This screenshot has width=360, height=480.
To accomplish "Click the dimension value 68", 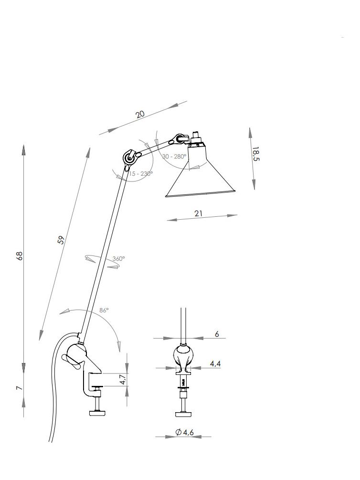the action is pyautogui.click(x=20, y=256).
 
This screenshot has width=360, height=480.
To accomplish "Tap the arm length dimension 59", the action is pyautogui.click(x=61, y=240).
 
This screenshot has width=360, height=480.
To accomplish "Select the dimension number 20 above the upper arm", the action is pyautogui.click(x=140, y=115).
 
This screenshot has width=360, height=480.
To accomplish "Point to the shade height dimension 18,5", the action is pyautogui.click(x=255, y=154).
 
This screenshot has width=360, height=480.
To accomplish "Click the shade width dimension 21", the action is pyautogui.click(x=198, y=213).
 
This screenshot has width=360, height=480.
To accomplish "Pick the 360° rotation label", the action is pyautogui.click(x=118, y=259).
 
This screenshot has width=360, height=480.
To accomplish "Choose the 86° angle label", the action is pyautogui.click(x=104, y=310).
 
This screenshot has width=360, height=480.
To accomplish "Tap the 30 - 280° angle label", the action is pyautogui.click(x=174, y=157).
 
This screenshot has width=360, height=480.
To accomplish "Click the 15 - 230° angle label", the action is pyautogui.click(x=141, y=173).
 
